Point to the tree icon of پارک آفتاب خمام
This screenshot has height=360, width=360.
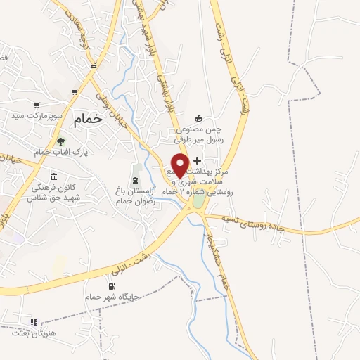point(60,141)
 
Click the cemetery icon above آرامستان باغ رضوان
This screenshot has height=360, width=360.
point(136,169)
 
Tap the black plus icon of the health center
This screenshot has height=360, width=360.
point(197,161)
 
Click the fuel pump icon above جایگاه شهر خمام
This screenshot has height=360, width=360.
point(111,285)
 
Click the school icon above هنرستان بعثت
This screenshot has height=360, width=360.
point(32,322)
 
